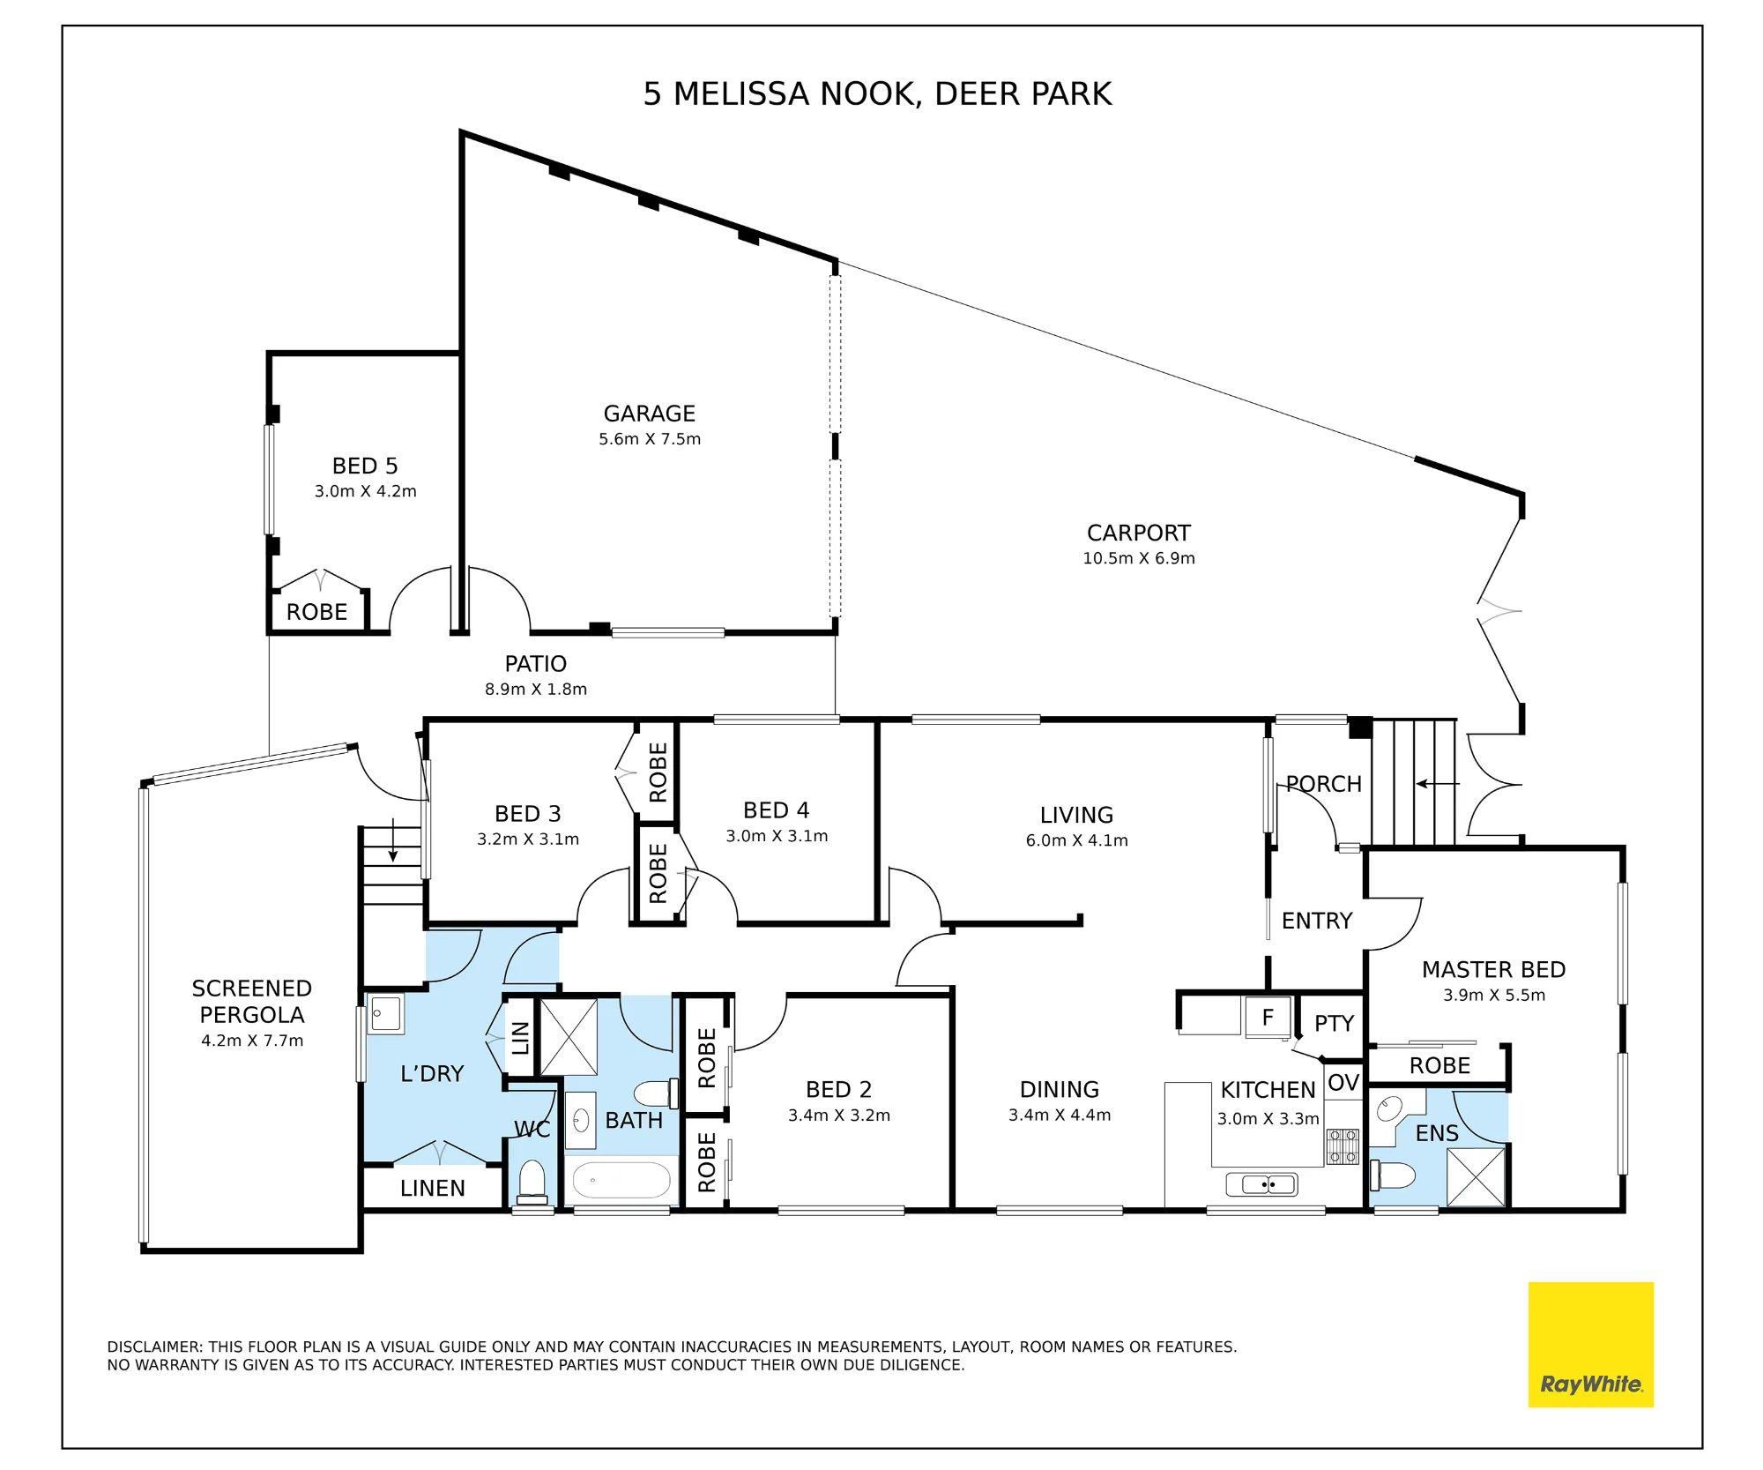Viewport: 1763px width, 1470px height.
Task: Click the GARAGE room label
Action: [x=649, y=414]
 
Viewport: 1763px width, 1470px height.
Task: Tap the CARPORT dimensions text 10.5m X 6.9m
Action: [x=1139, y=558]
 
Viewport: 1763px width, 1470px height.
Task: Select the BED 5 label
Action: [x=365, y=466]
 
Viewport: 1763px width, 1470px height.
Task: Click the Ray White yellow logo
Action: [x=1590, y=1344]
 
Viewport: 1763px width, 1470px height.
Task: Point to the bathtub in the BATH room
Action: [x=621, y=1179]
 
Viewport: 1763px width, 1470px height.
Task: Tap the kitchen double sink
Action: [x=1261, y=1184]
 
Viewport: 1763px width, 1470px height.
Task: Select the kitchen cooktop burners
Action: [x=1343, y=1146]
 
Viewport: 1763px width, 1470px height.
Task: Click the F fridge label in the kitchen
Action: [x=1268, y=1018]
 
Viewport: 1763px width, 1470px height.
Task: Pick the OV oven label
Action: [x=1343, y=1082]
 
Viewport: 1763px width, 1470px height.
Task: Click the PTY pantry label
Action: [x=1334, y=1023]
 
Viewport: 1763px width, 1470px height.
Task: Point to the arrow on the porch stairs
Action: [x=1438, y=783]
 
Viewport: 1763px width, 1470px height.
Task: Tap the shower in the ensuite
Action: [x=1476, y=1176]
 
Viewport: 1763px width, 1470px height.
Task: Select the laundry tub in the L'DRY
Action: [x=385, y=1014]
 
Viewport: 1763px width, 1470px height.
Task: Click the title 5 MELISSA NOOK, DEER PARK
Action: [x=877, y=93]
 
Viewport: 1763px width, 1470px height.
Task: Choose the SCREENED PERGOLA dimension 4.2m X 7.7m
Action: [x=252, y=1041]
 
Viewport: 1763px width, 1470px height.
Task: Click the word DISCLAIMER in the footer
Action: [x=155, y=1347]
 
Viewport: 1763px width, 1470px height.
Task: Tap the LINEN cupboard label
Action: [x=432, y=1188]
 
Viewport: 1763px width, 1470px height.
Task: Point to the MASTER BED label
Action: [x=1493, y=969]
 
